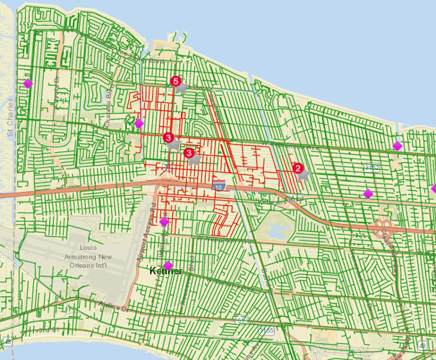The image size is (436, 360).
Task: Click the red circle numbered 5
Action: point(175,82)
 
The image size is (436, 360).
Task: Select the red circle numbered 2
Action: point(297,168)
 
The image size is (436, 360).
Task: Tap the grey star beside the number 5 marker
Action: point(184,88)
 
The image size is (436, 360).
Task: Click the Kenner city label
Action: point(164,271)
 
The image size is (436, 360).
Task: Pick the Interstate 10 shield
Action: point(218,186)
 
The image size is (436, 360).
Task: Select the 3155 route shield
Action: point(267,330)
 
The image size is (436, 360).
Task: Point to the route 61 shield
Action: point(243,317)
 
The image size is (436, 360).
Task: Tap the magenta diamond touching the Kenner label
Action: point(168,265)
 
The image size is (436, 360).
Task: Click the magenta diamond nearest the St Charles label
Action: point(27,84)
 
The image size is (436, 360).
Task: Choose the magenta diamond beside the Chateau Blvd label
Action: point(139,123)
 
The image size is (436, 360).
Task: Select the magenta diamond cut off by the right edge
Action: point(433,189)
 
